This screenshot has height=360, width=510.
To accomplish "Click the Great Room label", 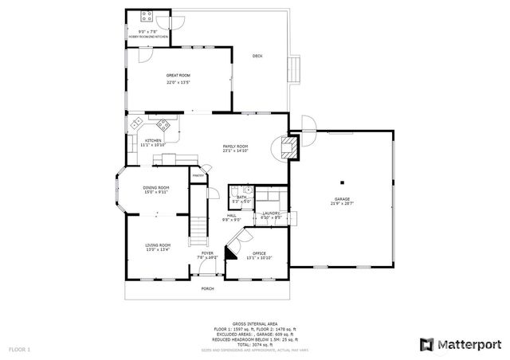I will (x=178, y=76).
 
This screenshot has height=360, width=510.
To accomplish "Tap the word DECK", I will (x=257, y=56).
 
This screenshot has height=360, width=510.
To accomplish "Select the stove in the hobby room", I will (x=147, y=16).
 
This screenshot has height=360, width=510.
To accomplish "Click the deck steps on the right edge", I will (x=296, y=70).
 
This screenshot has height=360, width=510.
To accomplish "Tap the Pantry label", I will (x=198, y=175).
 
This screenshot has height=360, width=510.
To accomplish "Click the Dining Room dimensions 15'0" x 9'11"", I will (x=156, y=192).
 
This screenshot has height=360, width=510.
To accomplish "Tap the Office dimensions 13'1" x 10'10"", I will (x=259, y=257).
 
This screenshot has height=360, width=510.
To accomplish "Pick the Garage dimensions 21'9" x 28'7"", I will (x=343, y=204).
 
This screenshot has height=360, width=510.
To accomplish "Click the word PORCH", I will (x=207, y=288).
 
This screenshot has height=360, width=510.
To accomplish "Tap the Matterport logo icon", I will (x=426, y=344).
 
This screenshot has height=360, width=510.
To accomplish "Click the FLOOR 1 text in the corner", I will (x=19, y=349).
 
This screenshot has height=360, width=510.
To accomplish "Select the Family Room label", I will (x=235, y=147).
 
